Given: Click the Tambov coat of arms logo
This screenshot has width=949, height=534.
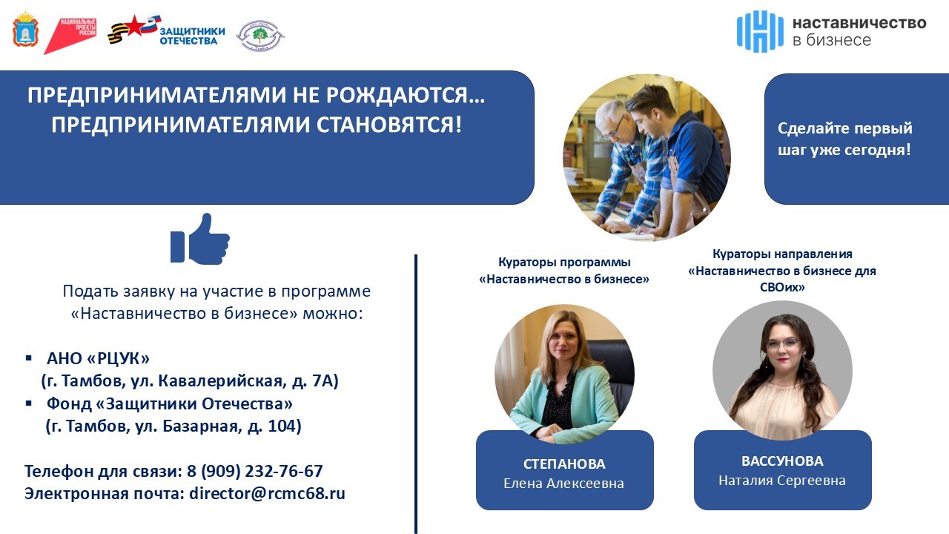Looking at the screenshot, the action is (26, 29).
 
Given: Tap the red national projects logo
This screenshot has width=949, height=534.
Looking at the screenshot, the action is (70, 36).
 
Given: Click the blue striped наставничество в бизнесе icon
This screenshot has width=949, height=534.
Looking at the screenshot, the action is (760, 31).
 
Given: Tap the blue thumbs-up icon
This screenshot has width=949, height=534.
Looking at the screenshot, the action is (200, 239).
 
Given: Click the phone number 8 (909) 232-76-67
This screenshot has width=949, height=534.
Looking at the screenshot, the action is (255, 471).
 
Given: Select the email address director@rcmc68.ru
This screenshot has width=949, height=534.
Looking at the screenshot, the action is (268, 494).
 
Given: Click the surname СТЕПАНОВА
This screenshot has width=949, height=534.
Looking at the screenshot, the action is (564, 464).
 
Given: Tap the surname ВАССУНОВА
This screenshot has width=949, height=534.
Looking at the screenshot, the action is (782, 461).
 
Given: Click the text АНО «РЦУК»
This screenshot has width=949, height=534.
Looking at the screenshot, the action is (98, 358).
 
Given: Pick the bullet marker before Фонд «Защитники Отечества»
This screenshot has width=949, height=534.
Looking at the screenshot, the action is (29, 403).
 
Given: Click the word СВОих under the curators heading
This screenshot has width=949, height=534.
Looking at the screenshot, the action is (782, 287).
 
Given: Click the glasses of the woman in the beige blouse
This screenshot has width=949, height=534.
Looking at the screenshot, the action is (784, 343).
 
